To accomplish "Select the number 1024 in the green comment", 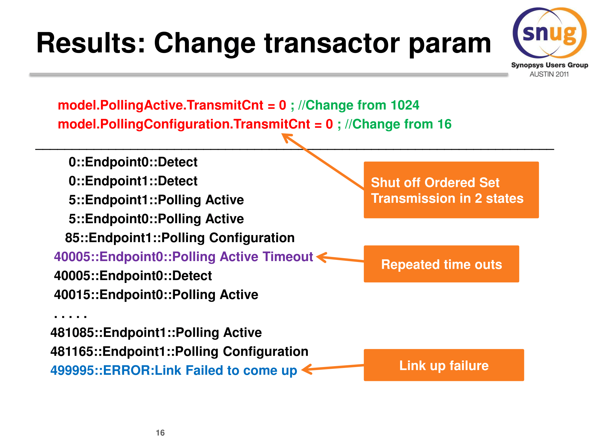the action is pos(405,105).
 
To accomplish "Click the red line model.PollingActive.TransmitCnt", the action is pos(172,105).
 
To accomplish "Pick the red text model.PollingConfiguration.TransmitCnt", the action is pos(195,124).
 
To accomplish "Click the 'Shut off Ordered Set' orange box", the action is pos(451,190).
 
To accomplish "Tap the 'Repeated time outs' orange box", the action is pos(441,264).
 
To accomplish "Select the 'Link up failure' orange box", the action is pos(444,365).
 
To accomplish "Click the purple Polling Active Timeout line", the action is pos(183,257).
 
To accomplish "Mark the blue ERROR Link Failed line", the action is pos(174,370).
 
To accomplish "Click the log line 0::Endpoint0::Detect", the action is pos(133,162).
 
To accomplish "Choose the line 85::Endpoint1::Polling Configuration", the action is pos(180,238).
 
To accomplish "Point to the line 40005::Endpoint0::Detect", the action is pos(133,276).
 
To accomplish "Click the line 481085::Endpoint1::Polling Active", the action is pos(156,332).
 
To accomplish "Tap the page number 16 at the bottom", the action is pos(160,433).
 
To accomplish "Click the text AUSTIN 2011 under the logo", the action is pos(549,74).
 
